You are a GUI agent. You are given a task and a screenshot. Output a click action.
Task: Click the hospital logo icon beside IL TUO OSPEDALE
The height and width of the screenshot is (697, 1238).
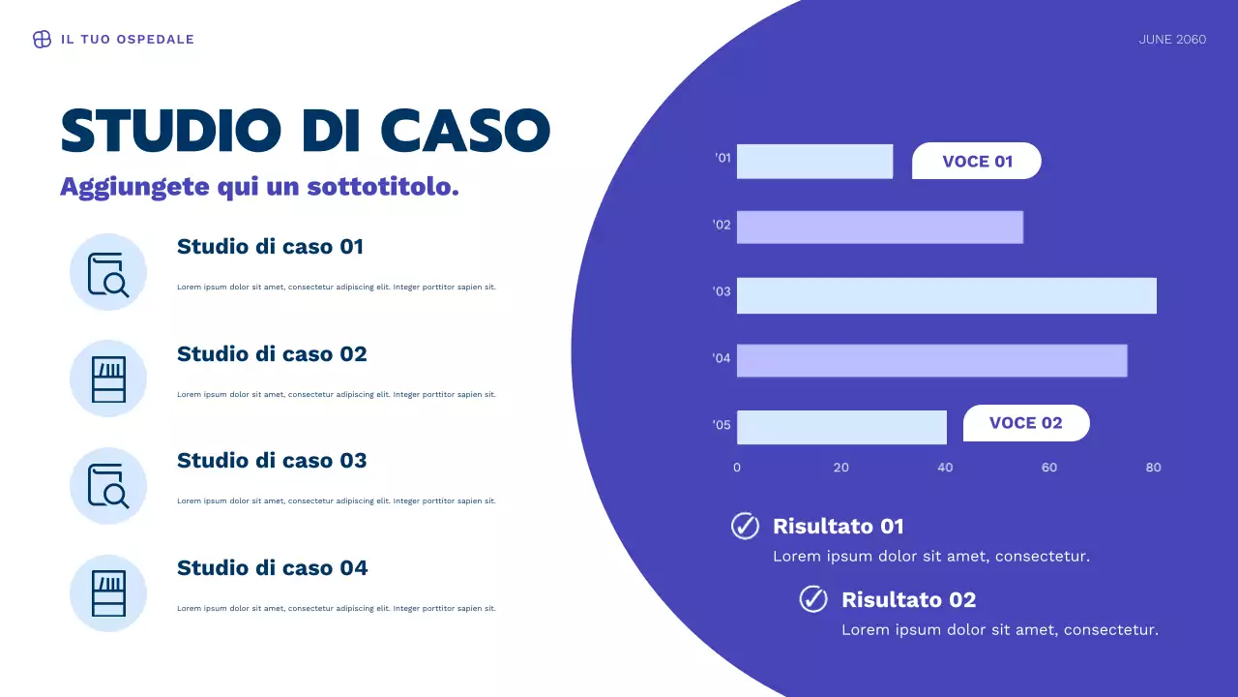[x=42, y=40]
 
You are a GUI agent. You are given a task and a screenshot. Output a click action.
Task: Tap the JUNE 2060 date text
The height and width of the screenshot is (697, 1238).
[x=1172, y=40]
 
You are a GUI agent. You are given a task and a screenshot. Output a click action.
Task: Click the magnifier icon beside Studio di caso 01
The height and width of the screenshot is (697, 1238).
[x=108, y=273]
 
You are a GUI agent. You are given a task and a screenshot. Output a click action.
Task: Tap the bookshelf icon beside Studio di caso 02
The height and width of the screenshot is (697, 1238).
[x=108, y=379]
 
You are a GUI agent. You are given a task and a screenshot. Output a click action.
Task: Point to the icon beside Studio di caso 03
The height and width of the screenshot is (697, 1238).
[x=108, y=486]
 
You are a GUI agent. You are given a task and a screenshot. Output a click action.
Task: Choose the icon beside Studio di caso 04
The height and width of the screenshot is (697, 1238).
[x=108, y=593]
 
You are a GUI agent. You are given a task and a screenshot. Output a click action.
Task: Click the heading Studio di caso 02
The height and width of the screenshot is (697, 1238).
[x=272, y=354]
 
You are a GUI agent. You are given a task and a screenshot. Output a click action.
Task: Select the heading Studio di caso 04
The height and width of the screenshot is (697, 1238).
[x=272, y=568]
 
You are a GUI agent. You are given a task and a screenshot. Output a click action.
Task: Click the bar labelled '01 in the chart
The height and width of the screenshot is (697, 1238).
[x=814, y=162]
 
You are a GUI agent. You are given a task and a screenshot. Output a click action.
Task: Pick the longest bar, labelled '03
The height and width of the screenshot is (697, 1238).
[x=946, y=295]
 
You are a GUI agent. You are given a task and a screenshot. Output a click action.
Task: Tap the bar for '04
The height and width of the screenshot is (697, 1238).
[x=931, y=360]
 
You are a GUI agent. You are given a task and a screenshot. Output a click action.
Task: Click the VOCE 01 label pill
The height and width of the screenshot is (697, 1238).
[x=977, y=162]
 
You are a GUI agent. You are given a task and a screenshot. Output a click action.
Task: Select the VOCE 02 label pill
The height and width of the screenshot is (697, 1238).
[x=1026, y=423]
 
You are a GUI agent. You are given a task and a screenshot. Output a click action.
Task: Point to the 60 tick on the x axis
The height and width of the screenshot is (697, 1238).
[x=1049, y=468]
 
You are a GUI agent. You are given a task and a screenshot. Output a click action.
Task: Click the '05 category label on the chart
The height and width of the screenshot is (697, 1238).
[x=722, y=425]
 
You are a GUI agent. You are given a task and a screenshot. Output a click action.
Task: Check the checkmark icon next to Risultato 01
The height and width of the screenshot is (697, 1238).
[x=745, y=526]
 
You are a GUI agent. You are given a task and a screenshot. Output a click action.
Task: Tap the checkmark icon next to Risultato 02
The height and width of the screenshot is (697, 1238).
[x=813, y=599]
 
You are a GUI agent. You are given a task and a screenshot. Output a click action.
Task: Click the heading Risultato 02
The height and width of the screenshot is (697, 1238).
[x=908, y=599]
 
